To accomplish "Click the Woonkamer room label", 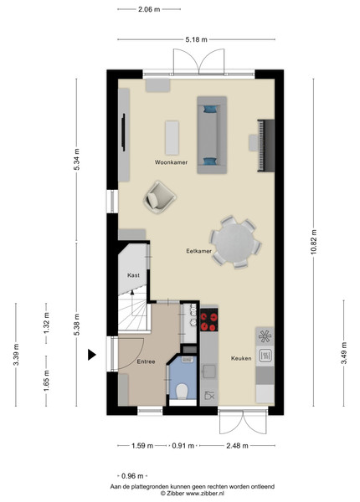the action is pos(171,162).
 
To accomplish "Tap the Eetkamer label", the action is pos(199,251).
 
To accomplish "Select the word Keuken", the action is pos(241,358).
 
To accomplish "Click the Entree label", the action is pos(146,361).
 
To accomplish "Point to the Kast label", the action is pos(133,275).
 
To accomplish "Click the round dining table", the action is pos(234,243).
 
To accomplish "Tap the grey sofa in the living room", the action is pos(212,135).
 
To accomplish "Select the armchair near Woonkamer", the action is pos(159,197).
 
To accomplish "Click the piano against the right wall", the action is pos(266,146).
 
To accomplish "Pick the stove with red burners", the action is pos(208,320).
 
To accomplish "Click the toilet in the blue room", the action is pos(183,392).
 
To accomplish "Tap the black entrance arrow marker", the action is pos(92,355).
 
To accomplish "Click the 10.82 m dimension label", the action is pos(314,242).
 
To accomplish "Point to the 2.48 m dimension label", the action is pos(237,446).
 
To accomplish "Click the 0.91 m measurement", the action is pos(183,446).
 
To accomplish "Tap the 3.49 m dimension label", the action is pos(344,353).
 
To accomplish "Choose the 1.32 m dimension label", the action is pos(46,323).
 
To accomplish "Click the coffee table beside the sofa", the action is pos(172,138).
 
